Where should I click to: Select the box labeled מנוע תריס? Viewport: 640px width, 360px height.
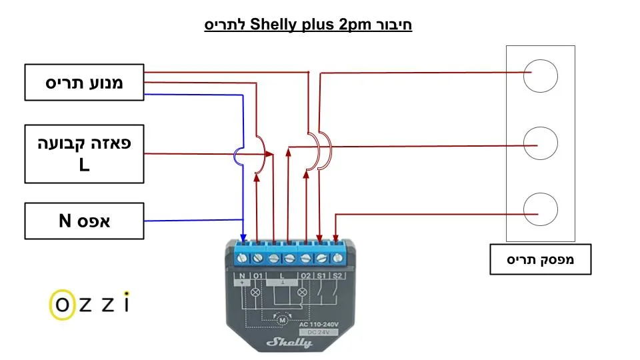(x=84, y=82)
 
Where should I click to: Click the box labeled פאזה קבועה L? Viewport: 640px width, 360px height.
(x=84, y=153)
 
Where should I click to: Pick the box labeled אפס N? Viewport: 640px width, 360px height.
(x=84, y=221)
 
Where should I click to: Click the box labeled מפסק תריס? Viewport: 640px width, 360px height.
(x=540, y=260)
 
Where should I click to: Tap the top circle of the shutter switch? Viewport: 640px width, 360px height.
(x=540, y=75)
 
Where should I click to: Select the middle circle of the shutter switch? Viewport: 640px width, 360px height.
(x=540, y=143)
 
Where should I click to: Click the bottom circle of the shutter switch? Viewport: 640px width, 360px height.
(x=540, y=209)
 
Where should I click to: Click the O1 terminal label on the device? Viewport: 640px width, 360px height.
(x=257, y=275)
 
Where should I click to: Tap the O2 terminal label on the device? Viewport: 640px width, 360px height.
(x=305, y=275)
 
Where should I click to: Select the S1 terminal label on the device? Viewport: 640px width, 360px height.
(x=321, y=275)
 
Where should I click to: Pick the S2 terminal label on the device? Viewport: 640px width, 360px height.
(x=337, y=275)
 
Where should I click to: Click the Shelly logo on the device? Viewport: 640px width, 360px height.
(x=289, y=342)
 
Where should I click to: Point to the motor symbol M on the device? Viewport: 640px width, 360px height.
(x=282, y=320)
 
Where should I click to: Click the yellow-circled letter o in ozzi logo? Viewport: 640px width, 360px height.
(x=62, y=304)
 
